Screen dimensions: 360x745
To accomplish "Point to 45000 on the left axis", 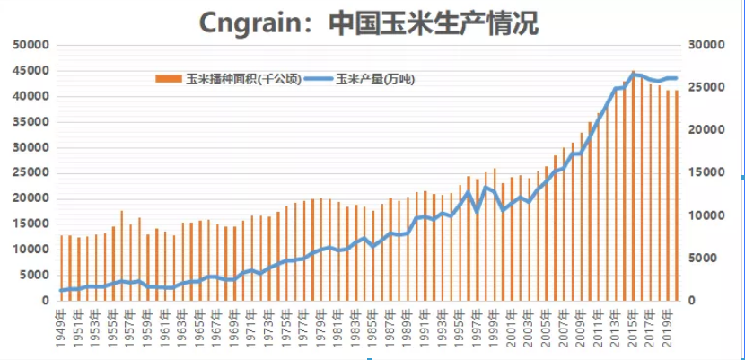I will tap(30, 70).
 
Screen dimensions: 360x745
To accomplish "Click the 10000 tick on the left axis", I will tap(30, 250).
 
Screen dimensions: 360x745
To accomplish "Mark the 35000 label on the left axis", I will tap(30, 121).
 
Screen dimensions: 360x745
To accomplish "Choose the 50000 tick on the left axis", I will tap(30, 44).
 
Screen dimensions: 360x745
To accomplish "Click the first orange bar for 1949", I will tap(61, 268).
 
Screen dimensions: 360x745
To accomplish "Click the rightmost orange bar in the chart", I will tap(676, 196).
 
